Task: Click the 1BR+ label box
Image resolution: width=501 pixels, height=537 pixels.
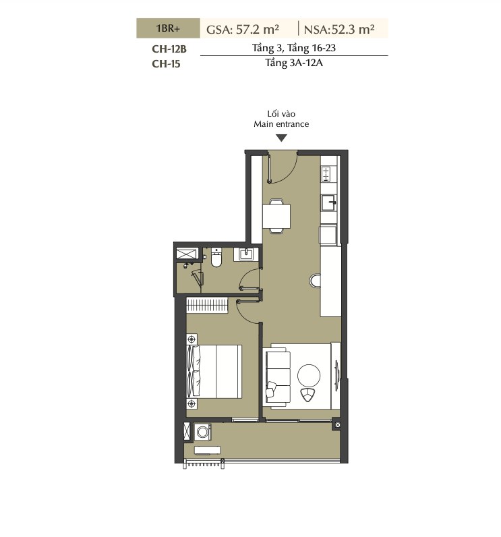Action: tap(168, 28)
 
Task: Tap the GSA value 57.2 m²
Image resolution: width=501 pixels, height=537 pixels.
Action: tap(258, 29)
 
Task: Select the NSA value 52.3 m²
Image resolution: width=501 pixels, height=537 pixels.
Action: tap(353, 29)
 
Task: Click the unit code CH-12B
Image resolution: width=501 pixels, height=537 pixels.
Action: tap(169, 49)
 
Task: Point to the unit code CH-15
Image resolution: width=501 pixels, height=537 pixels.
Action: tap(166, 63)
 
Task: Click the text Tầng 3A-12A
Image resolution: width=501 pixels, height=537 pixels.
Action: tap(294, 63)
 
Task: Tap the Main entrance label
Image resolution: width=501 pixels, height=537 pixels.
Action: tap(281, 124)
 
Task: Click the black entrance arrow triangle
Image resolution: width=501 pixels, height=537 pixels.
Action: tap(281, 138)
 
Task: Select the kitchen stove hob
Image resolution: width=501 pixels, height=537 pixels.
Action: tap(326, 174)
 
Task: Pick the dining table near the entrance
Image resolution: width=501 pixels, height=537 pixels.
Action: tap(276, 216)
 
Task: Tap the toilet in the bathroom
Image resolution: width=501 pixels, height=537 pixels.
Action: tap(216, 257)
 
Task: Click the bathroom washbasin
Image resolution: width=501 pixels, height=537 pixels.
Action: tap(245, 254)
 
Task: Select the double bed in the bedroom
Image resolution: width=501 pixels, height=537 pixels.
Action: tap(214, 371)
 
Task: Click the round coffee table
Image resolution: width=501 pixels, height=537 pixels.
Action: tap(309, 376)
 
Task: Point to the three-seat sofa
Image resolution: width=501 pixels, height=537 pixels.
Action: tap(278, 377)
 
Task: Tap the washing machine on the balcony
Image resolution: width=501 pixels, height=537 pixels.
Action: tap(202, 432)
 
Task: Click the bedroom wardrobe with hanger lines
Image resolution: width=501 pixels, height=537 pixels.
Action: tap(207, 305)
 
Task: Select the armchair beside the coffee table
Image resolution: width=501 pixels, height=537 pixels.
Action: tap(308, 395)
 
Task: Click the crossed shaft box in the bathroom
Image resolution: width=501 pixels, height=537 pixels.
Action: tap(187, 254)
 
